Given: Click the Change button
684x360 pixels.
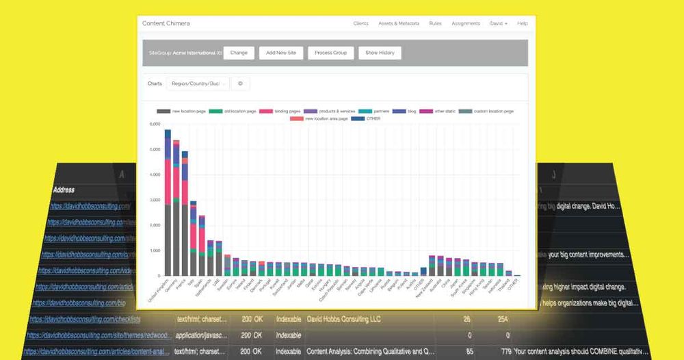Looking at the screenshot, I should tap(239, 53).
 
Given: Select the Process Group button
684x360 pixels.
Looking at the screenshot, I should tap(330, 53).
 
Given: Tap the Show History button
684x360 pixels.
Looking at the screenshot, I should tap(380, 53).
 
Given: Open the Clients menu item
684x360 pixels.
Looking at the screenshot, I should tap(360, 23).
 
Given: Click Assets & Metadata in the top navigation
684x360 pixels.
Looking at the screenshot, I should tap(399, 23).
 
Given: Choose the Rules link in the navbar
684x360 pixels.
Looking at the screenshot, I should tap(435, 23).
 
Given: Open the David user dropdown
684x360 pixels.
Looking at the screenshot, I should tap(499, 23).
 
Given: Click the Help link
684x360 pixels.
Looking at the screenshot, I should tap(523, 23).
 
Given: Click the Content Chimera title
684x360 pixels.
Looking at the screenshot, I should tap(166, 23).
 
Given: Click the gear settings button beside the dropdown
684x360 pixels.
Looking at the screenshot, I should tap(240, 83).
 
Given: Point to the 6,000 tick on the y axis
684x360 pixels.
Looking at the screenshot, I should tap(154, 125).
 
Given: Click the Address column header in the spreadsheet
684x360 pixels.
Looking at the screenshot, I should tap(61, 190).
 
